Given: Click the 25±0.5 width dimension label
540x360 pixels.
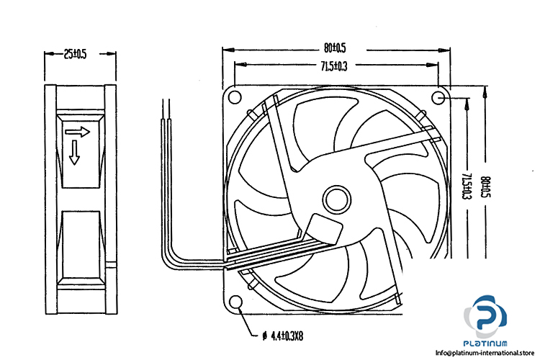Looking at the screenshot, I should [x=76, y=54].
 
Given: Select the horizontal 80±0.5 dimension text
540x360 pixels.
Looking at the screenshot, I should [x=336, y=48].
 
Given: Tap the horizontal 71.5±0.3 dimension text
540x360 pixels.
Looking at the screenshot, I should [x=333, y=68].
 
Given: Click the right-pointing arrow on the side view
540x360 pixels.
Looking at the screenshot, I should [x=76, y=132].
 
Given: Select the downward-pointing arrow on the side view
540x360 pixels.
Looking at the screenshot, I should [x=75, y=153].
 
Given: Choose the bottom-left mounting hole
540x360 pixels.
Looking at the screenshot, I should [x=235, y=302].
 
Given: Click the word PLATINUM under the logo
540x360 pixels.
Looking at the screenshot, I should [x=490, y=342].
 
